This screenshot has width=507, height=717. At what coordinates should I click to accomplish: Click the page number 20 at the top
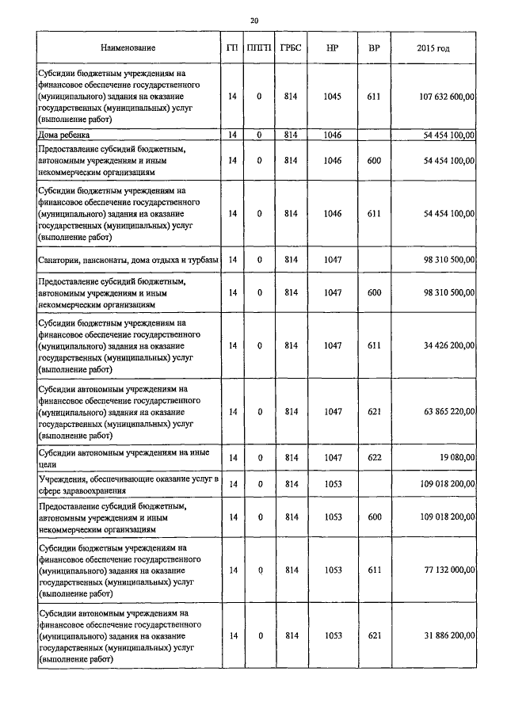[x=253, y=20]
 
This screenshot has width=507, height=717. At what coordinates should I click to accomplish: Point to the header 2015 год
[x=433, y=49]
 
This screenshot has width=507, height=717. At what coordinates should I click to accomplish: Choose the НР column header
[x=333, y=49]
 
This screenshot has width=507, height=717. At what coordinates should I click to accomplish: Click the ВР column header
[x=374, y=49]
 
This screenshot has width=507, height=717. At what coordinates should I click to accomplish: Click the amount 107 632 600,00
[x=446, y=97]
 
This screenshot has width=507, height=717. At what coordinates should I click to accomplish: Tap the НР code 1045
[x=333, y=97]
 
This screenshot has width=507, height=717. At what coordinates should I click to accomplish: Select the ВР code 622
[x=374, y=457]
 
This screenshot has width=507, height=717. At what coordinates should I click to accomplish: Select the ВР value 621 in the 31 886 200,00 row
[x=374, y=635]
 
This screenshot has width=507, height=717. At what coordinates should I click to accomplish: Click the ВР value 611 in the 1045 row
[x=374, y=97]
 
